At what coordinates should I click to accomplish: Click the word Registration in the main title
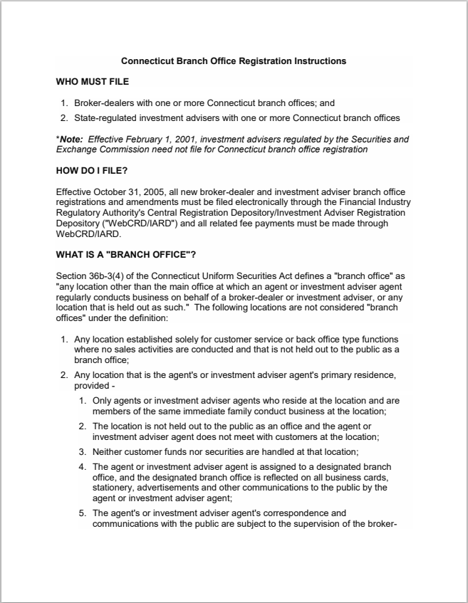point(266,61)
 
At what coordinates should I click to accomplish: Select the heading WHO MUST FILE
point(92,82)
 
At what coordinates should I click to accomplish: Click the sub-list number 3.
point(82,451)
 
